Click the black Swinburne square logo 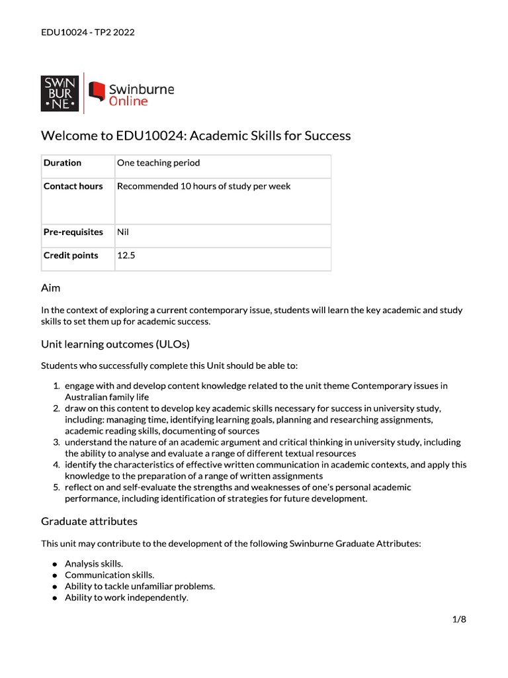(x=60, y=93)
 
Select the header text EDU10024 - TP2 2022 (x=87, y=32)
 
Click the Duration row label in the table (x=62, y=163)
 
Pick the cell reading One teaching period (x=158, y=163)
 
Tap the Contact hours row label (x=73, y=187)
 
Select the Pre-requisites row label (x=73, y=232)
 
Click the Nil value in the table (x=124, y=232)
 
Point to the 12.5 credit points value (x=126, y=256)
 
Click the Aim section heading (x=51, y=288)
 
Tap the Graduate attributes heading (x=89, y=521)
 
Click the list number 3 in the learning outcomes (x=56, y=442)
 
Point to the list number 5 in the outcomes (x=56, y=487)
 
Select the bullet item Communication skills (x=97, y=575)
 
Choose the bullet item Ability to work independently (x=126, y=597)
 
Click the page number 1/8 (x=460, y=620)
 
